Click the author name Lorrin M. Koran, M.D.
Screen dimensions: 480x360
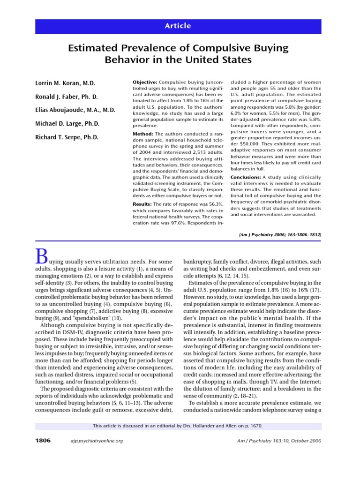tap(65, 83)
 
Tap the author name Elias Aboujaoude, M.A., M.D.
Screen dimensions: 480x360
tap(75, 110)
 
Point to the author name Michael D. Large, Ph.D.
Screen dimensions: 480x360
tap(67, 124)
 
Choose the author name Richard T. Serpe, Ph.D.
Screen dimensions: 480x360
tap(67, 137)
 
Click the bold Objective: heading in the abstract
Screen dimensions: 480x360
tap(145, 82)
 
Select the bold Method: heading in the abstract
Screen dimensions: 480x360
tap(143, 134)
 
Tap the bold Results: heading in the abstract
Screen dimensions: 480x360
tap(143, 204)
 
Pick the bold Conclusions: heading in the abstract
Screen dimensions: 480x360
tap(246, 177)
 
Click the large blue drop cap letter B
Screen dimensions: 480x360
tap(42, 257)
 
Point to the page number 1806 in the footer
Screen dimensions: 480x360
tap(43, 441)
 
